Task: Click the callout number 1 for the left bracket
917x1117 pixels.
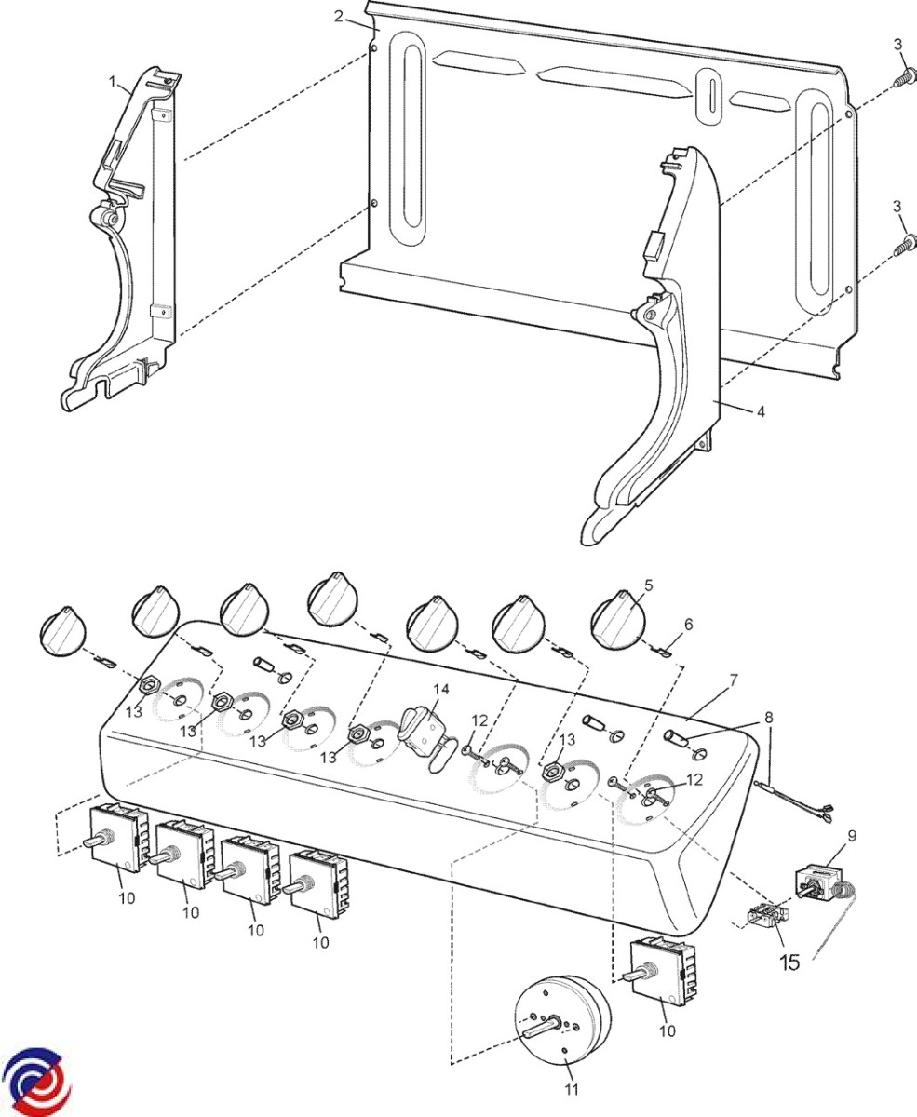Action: coord(114,83)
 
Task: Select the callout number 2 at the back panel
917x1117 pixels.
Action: coord(340,16)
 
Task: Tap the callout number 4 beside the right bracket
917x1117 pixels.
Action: coord(761,410)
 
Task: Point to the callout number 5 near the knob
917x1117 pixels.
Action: coord(648,585)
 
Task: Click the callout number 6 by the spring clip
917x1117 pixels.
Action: coord(689,625)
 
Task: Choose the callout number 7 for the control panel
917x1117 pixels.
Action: coord(734,680)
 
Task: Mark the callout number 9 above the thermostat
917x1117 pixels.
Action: coord(852,836)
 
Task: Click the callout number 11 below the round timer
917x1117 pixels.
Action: coord(573,1089)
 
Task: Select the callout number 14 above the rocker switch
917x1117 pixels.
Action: coord(440,689)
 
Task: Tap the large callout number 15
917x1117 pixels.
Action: coord(789,962)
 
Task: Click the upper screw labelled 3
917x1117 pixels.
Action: coord(899,80)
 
